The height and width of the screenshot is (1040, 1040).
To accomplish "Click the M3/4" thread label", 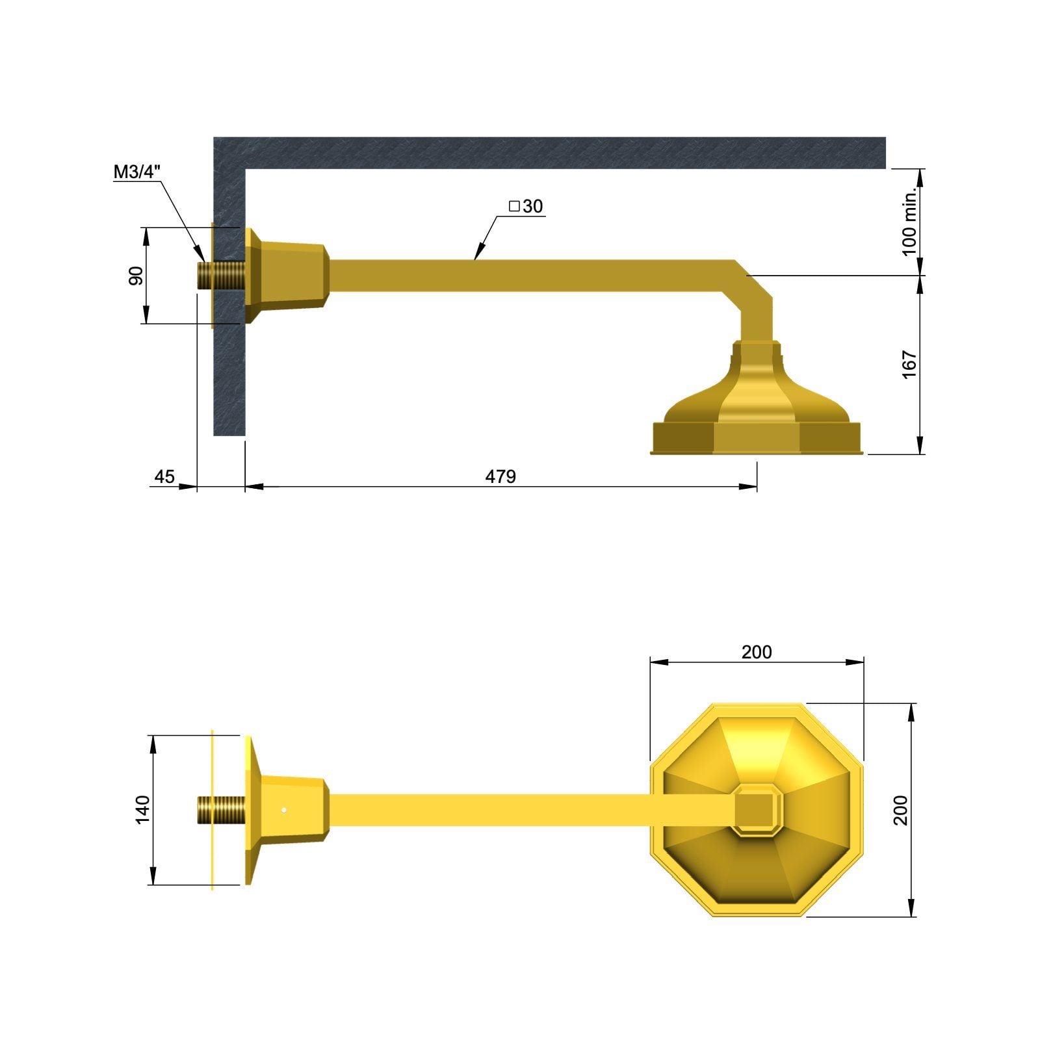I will [x=137, y=172].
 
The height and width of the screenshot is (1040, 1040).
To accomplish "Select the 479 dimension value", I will [x=500, y=476].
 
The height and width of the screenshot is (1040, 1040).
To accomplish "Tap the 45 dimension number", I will [x=164, y=476].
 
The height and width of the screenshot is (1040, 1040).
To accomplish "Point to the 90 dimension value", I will [x=136, y=276].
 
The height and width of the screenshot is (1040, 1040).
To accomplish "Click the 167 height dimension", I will [x=909, y=365].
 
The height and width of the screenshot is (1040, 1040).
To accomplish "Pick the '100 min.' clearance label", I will [x=909, y=222].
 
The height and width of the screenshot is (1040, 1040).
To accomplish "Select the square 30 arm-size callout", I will [x=526, y=206].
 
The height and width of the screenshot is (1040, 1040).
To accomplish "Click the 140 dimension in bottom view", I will [x=142, y=809].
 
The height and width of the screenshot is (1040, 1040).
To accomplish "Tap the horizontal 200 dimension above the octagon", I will [x=757, y=652].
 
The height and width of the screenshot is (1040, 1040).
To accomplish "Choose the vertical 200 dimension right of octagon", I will [x=900, y=810].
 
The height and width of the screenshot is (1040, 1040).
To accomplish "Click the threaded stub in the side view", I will [x=222, y=276].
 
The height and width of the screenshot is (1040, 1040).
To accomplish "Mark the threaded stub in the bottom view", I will [x=222, y=810].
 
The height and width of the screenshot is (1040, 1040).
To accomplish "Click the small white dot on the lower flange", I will [x=284, y=810].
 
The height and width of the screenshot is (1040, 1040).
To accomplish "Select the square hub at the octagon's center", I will [x=756, y=810].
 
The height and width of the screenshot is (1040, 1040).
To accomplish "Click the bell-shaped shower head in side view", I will [x=757, y=409].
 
